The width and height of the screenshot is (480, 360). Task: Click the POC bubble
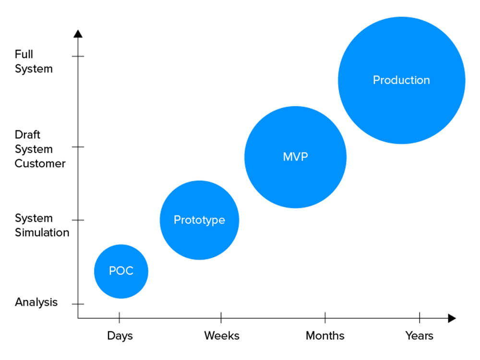[x=121, y=271]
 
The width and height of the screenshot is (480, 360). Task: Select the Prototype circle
[x=199, y=220]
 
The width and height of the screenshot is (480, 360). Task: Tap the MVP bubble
[x=295, y=157]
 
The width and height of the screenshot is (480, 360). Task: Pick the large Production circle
[x=401, y=80]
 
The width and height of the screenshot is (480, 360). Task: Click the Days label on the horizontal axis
[x=120, y=336]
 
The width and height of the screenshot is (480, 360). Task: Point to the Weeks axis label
[x=221, y=336]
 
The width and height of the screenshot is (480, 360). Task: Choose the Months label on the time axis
[x=325, y=336]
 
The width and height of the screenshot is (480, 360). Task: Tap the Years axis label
[x=419, y=336]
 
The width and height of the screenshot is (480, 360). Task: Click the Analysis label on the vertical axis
[x=36, y=302]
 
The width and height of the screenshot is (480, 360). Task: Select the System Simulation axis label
[x=41, y=225]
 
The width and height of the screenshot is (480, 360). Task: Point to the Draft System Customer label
[x=39, y=149]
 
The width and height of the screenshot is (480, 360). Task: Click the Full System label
[x=34, y=61]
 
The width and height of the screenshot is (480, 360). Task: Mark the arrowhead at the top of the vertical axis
[x=78, y=34]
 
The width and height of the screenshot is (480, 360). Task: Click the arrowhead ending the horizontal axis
[x=452, y=318]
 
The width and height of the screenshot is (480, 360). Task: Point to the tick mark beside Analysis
[x=78, y=304]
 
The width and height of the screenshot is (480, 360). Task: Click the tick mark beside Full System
[x=78, y=57]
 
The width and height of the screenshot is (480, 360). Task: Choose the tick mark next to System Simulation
[x=78, y=220]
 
